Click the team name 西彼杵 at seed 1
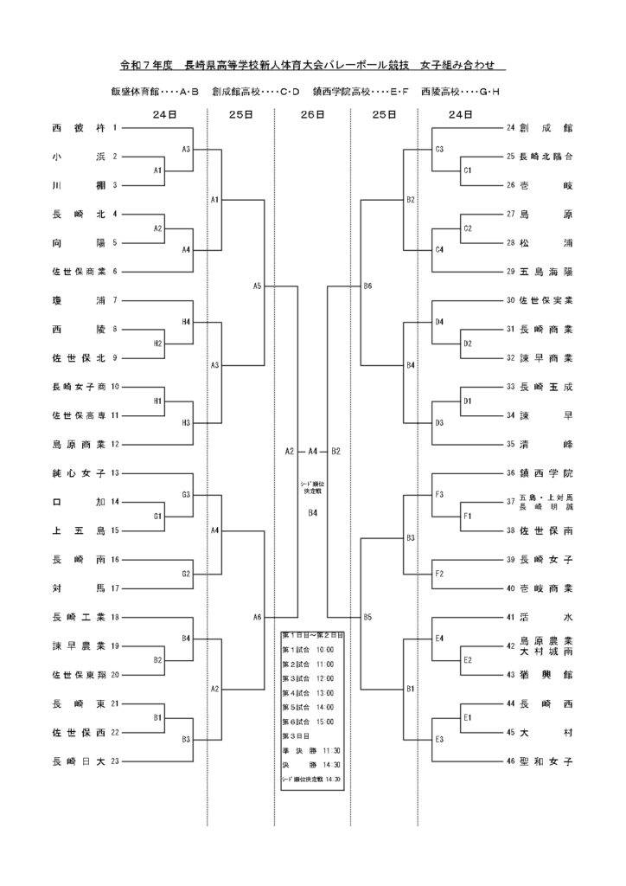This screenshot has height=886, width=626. (x=78, y=128)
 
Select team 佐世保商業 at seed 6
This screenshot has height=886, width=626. (x=78, y=272)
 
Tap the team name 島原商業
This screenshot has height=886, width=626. (x=78, y=445)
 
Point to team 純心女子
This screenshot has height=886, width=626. (x=78, y=473)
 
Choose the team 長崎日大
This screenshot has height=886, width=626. (x=78, y=761)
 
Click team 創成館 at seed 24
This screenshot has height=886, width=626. (x=546, y=128)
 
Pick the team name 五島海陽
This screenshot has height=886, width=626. (x=546, y=272)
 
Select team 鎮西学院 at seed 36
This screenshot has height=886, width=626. (x=546, y=473)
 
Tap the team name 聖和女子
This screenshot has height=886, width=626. (x=546, y=761)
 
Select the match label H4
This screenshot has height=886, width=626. (x=185, y=322)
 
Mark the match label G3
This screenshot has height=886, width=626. (x=185, y=495)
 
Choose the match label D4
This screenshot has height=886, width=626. (x=439, y=322)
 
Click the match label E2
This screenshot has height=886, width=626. (x=467, y=660)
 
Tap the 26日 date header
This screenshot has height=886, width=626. (x=312, y=113)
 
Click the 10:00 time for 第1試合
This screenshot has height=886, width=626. (x=325, y=648)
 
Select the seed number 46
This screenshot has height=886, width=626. (x=510, y=761)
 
